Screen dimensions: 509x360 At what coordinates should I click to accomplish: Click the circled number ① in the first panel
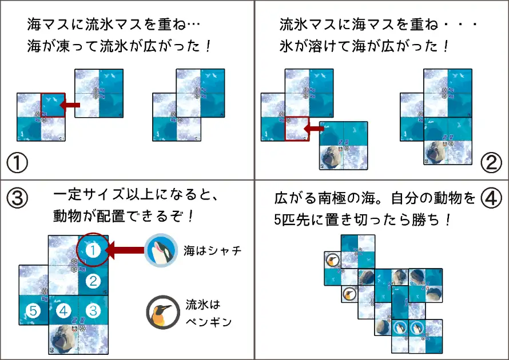pos(17,163)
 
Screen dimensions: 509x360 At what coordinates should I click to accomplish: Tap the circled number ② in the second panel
pos(491,163)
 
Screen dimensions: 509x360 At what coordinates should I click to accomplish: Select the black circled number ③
pos(17,198)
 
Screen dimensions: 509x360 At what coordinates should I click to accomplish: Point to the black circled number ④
pos(491,198)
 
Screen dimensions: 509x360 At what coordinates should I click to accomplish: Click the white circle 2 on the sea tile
pos(93,281)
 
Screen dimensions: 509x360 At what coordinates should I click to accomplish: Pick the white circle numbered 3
pos(93,311)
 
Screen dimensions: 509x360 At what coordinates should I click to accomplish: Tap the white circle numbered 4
pos(63,311)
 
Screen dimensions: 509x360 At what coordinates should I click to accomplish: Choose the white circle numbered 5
pos(33,311)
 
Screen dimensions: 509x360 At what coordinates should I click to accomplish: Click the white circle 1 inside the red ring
pos(93,250)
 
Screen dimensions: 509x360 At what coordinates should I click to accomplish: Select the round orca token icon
pos(161,250)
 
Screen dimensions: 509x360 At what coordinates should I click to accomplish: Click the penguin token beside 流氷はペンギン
pos(163,312)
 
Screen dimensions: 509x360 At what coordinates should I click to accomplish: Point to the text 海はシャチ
pos(213,250)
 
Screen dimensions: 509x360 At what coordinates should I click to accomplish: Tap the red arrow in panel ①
pos(70,105)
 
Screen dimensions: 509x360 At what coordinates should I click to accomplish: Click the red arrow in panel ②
pos(314,129)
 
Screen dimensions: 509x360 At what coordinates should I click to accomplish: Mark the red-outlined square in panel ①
pos(53,105)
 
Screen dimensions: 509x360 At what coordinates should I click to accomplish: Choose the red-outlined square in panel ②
pos(297,129)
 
